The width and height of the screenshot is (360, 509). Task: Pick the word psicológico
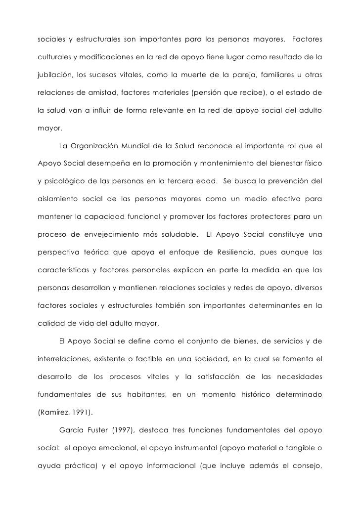tap(63, 182)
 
